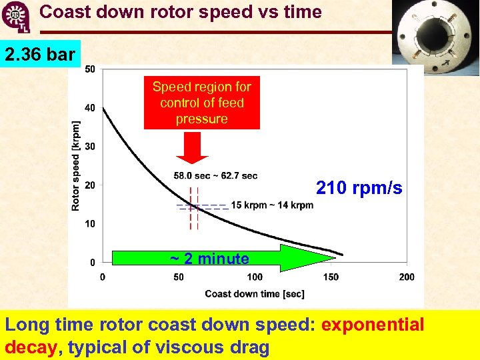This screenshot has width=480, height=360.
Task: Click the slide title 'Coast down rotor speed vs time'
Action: pyautogui.click(x=180, y=12)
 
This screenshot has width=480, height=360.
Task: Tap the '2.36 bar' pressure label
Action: pyautogui.click(x=40, y=54)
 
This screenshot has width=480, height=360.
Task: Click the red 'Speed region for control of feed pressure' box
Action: pyautogui.click(x=201, y=103)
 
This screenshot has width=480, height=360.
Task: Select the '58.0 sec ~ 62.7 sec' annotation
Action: pyautogui.click(x=215, y=176)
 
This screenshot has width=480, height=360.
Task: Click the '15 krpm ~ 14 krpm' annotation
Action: pyautogui.click(x=272, y=205)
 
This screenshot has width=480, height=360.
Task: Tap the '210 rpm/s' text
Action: pyautogui.click(x=359, y=189)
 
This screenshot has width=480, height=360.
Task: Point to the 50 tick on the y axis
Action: pyautogui.click(x=90, y=69)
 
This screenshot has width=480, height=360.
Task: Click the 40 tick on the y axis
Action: pyautogui.click(x=90, y=108)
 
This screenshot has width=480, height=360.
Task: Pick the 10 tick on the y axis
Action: pyautogui.click(x=90, y=224)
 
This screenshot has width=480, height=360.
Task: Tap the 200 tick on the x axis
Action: pyautogui.click(x=406, y=277)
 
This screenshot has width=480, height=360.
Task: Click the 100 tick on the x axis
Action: pyautogui.click(x=255, y=277)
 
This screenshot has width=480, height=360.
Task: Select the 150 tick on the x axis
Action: pyautogui.click(x=331, y=277)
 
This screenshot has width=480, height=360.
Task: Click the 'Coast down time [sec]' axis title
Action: pyautogui.click(x=254, y=294)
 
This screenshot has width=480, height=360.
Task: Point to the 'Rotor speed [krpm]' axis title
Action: pyautogui.click(x=76, y=166)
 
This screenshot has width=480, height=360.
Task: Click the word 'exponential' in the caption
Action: pyautogui.click(x=373, y=325)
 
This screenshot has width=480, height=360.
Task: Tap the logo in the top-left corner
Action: pyautogui.click(x=16, y=17)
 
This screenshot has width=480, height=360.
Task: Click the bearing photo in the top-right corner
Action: pyautogui.click(x=435, y=33)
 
